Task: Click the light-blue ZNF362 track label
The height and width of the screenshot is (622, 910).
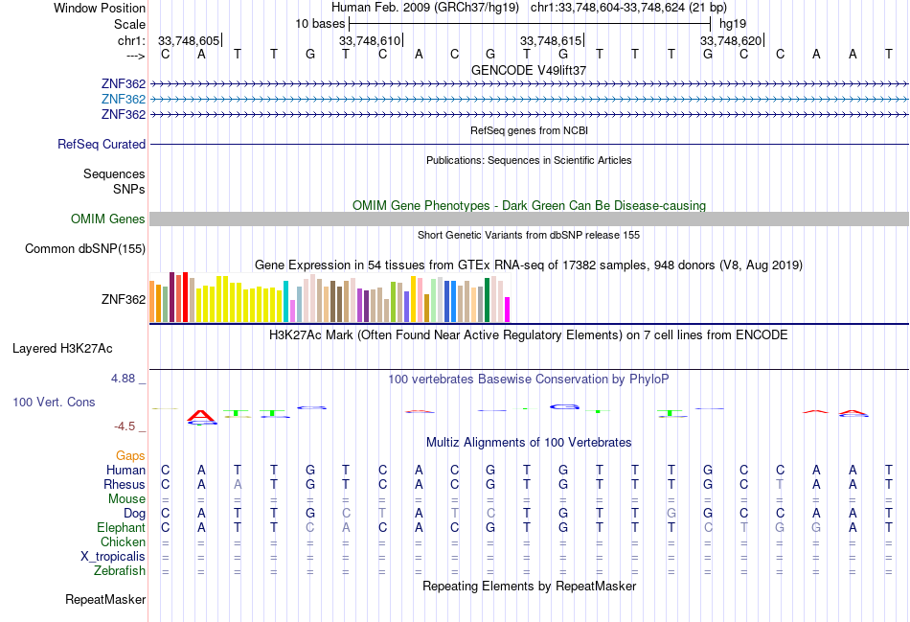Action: (x=123, y=100)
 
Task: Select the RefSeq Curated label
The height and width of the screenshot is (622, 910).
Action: (x=102, y=144)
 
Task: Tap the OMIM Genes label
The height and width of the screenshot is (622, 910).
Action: (x=108, y=219)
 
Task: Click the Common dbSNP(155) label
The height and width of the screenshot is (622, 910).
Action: (x=85, y=248)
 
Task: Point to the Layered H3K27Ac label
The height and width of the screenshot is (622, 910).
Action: (x=62, y=349)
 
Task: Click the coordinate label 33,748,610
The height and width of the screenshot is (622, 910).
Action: (x=370, y=40)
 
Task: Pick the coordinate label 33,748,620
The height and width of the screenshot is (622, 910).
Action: (x=731, y=40)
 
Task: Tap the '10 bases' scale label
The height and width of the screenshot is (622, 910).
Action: (x=320, y=24)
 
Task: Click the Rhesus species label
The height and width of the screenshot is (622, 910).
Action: (x=125, y=484)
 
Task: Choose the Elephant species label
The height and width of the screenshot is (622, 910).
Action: (x=121, y=528)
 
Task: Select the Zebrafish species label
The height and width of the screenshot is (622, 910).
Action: (x=120, y=571)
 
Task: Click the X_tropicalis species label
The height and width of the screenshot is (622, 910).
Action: (x=113, y=557)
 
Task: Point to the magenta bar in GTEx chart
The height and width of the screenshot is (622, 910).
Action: (x=507, y=310)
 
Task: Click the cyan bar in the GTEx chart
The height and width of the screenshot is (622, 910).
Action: (x=285, y=302)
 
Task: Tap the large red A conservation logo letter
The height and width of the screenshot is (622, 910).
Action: (x=201, y=415)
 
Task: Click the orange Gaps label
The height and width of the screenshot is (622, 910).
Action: (x=130, y=456)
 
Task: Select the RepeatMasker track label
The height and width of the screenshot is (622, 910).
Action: (x=105, y=599)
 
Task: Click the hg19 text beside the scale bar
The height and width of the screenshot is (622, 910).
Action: (x=733, y=24)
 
